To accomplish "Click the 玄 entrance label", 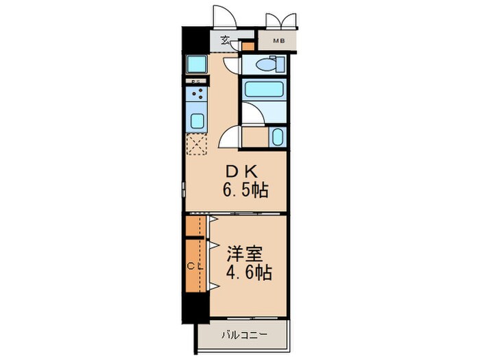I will tap(226, 40).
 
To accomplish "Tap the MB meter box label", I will tap(278, 41).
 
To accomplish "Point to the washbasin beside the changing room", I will tap(277, 136).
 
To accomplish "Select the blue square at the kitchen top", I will tap(196, 64).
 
